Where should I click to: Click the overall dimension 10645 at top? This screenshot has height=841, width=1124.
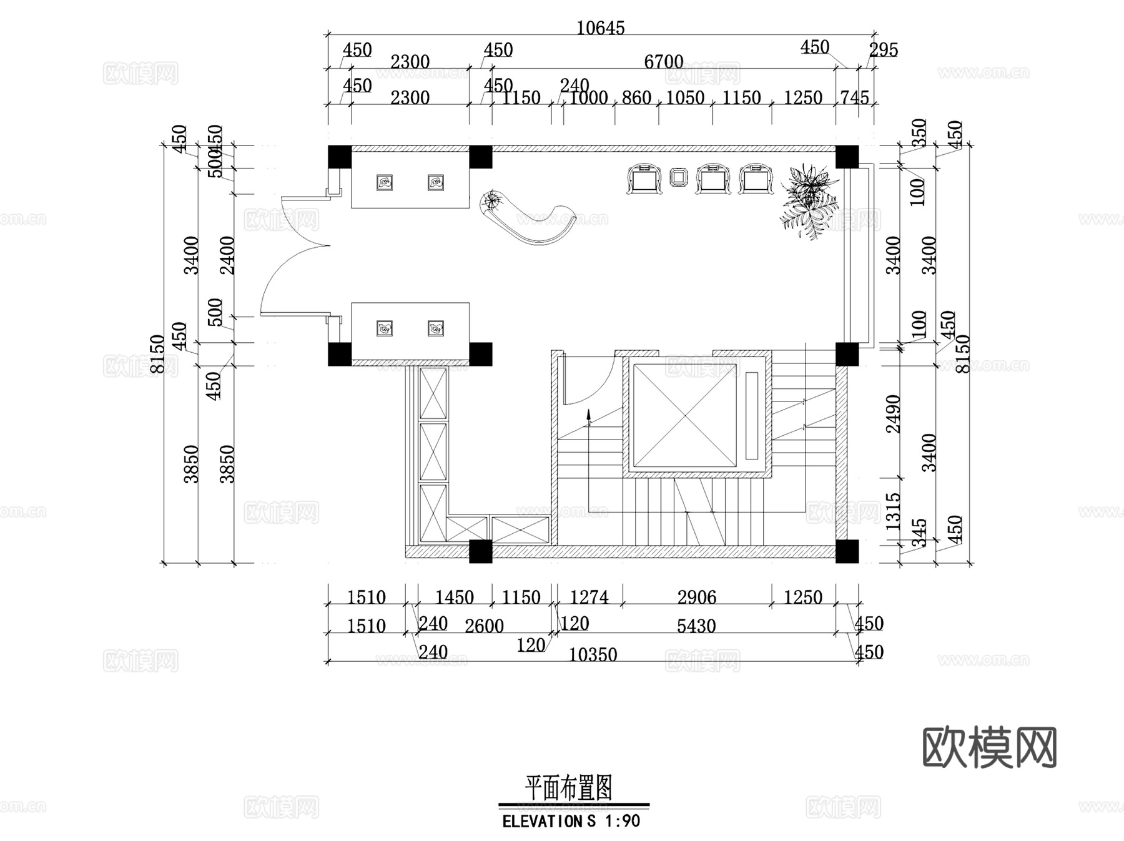[600, 28]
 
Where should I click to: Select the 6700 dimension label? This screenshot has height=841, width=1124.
[663, 62]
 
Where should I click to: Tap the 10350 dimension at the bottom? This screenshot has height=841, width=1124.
[593, 654]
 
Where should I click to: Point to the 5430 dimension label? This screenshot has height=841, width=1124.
[696, 626]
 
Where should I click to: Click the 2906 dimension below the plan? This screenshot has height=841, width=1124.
[696, 598]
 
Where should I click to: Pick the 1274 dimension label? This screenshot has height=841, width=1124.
[589, 598]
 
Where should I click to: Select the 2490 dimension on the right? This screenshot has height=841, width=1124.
[894, 414]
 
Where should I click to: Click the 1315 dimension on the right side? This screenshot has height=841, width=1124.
[894, 511]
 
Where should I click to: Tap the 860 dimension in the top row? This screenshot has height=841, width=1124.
[636, 98]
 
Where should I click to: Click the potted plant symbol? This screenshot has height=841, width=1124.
[809, 200]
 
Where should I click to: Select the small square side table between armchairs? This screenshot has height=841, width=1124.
[678, 177]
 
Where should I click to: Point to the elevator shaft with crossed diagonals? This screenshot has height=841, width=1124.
[684, 414]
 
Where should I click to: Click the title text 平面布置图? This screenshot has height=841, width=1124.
[568, 788]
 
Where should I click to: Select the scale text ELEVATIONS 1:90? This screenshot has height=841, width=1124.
[571, 821]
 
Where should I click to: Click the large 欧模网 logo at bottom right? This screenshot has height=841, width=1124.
[989, 747]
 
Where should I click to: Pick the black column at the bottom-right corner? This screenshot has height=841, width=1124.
[847, 551]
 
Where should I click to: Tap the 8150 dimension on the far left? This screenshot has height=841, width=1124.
[157, 354]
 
